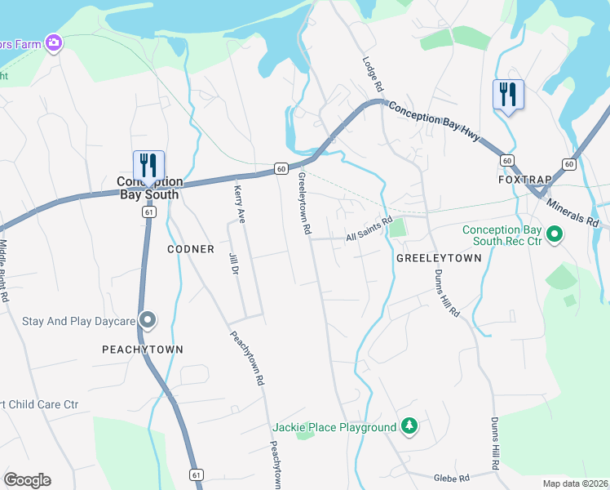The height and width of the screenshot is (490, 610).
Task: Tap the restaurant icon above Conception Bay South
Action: point(148,166)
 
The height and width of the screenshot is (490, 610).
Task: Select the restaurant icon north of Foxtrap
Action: point(508,95)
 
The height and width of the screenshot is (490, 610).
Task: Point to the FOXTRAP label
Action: point(520,179)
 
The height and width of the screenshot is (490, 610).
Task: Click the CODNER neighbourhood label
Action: point(191,249)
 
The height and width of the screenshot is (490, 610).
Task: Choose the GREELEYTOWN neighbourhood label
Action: point(439,257)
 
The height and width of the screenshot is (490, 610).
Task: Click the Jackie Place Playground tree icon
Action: point(410,426)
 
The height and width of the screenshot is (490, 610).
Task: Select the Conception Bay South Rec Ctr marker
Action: point(555,235)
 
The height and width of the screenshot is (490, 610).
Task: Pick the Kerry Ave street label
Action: point(240,203)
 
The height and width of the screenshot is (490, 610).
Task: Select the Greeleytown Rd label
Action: point(305,204)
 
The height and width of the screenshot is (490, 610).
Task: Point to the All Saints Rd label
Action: point(369,235)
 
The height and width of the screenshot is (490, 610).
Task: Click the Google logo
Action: point(27,480)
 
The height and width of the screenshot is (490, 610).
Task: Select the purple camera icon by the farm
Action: point(55,42)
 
